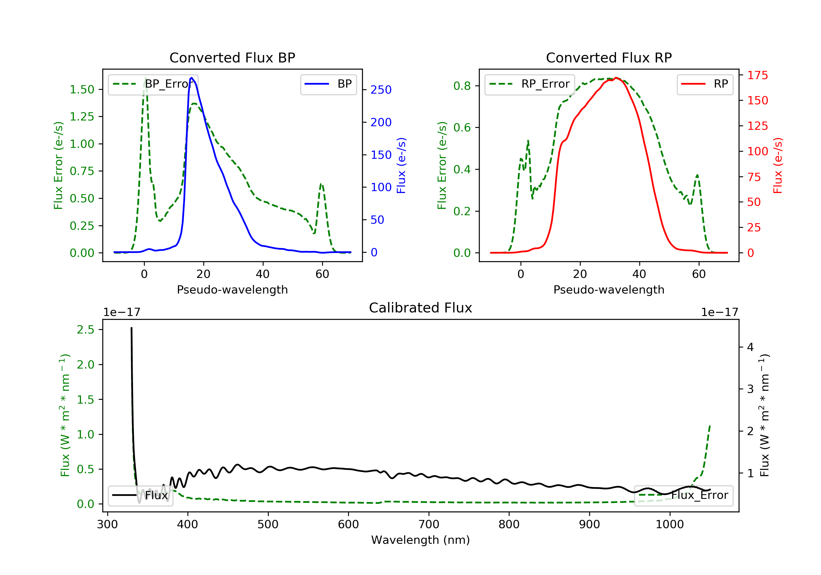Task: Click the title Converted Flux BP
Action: pos(232,58)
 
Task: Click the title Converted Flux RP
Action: pos(609,58)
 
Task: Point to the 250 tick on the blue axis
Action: pos(381,90)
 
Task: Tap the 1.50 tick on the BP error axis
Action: pos(82,90)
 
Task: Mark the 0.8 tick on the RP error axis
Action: pos(462,86)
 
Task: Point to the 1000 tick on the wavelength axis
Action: pos(669,525)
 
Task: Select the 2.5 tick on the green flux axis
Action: pos(85,330)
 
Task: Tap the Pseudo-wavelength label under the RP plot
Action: pos(609,290)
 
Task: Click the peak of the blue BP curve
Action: pos(192,78)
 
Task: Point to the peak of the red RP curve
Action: pos(616,78)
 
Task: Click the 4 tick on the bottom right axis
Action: pos(750,347)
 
